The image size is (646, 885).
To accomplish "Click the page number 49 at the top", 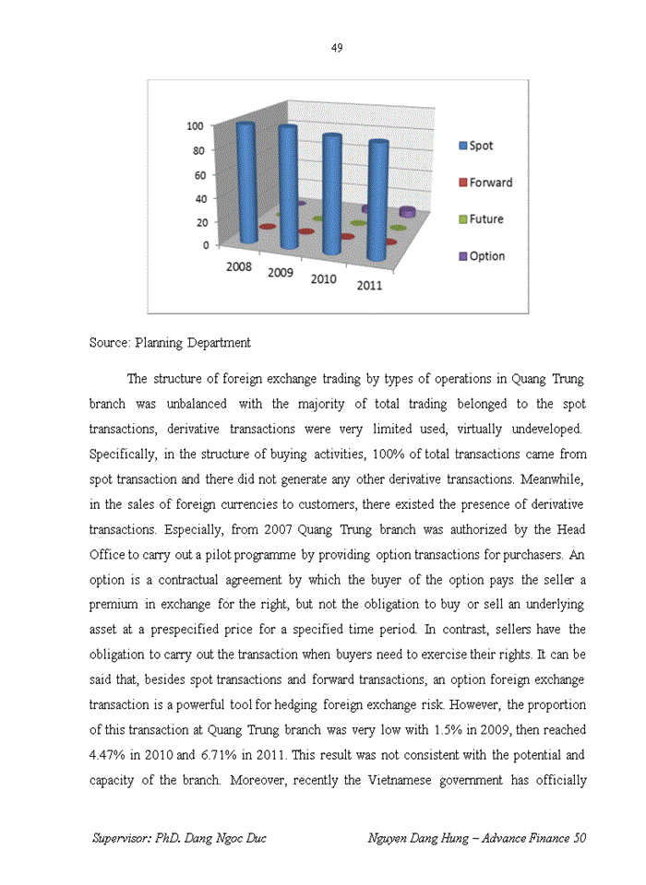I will (337, 48).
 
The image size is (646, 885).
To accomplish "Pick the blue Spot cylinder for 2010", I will (331, 194).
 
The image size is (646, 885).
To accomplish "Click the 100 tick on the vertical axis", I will (196, 126).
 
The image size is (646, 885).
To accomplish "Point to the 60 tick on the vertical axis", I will (198, 174).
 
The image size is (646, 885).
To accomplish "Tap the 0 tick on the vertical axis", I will (205, 246).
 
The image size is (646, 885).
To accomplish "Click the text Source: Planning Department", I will (170, 343).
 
